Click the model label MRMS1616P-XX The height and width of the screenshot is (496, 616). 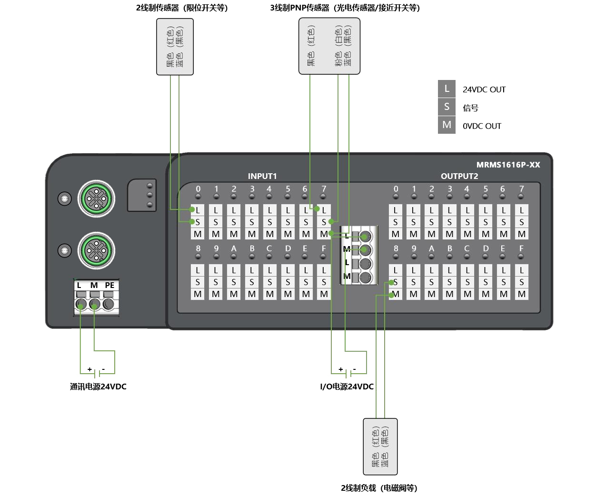pos(508,165)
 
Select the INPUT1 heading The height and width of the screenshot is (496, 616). pos(262,176)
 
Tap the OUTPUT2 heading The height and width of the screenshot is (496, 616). pos(459,176)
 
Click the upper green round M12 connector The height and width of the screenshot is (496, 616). pos(97,198)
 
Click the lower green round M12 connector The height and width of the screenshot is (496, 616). pos(97,250)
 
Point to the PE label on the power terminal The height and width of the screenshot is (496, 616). pos(109,285)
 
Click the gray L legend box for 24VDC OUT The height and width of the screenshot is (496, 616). pos(447,89)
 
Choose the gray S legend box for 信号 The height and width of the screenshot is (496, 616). pos(447,107)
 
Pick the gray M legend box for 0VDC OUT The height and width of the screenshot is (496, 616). pos(447,125)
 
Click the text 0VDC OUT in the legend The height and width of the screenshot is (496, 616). pos(482,126)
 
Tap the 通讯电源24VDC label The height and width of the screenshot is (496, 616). pos(98,387)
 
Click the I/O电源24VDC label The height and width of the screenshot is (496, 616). pos(347,387)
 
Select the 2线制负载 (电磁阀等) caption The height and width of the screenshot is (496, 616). pos(379,488)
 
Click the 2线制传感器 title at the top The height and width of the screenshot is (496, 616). pos(182,8)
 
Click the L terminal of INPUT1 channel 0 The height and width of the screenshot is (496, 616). pos(198,210)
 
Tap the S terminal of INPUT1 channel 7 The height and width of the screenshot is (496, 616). pos(324,222)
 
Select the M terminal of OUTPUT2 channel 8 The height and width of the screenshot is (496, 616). pos(396,294)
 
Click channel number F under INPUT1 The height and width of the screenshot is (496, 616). pos(324,248)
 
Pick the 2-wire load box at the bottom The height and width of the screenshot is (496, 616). pos(380,446)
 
